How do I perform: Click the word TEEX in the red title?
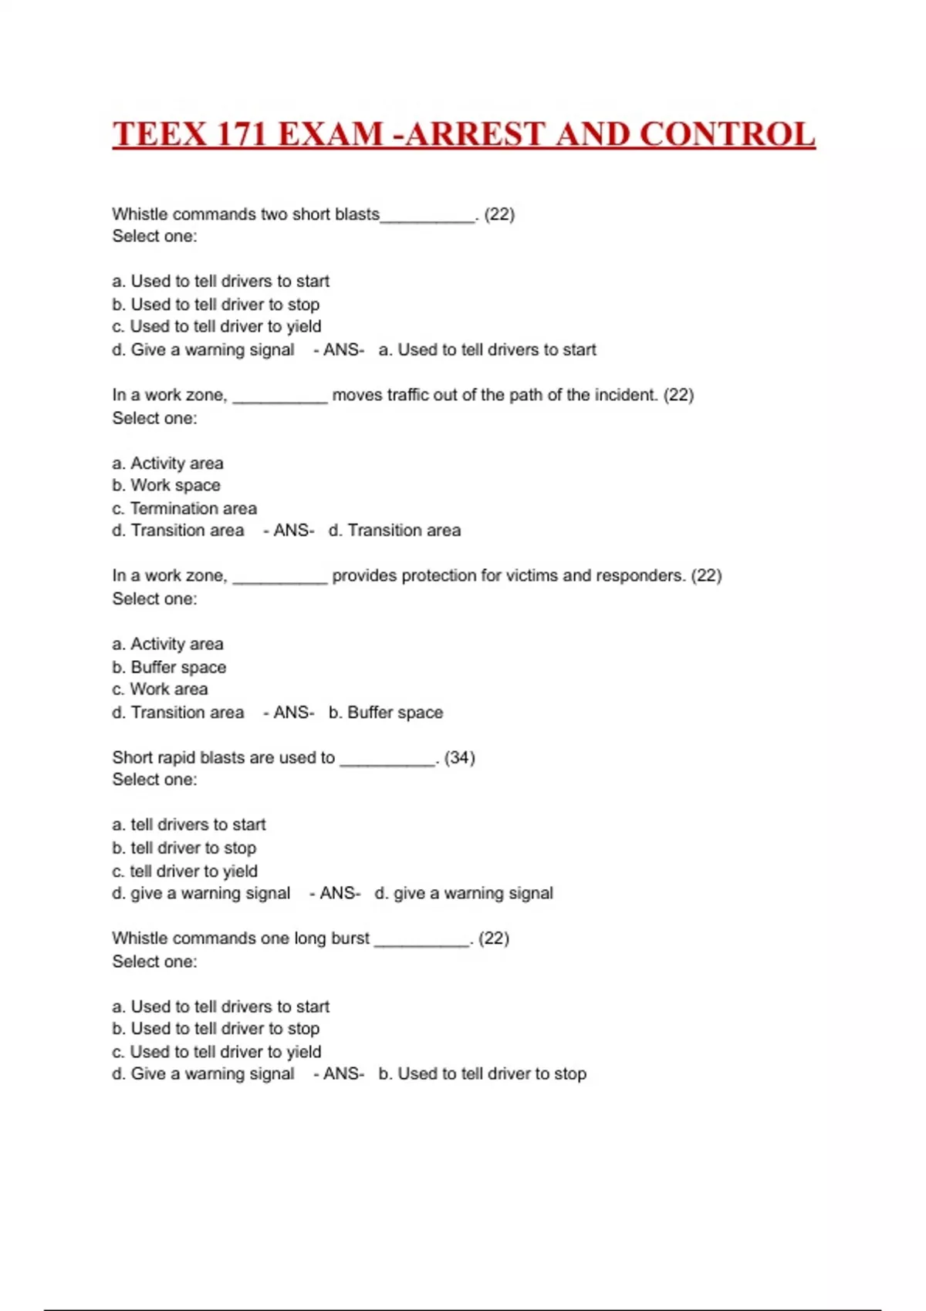pos(161,134)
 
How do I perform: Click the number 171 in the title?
pos(242,134)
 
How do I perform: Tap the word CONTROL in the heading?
pos(728,134)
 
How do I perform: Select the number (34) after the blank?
pos(460,757)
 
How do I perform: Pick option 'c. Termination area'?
pos(184,508)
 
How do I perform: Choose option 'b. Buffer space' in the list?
pos(170,667)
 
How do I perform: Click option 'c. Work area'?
pos(161,689)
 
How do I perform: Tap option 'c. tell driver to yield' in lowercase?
pos(185,871)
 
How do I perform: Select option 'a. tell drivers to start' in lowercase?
pos(189,824)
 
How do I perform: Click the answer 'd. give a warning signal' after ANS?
pos(464,893)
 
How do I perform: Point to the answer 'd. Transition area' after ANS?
pos(394,531)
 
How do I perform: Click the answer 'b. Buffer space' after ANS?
pos(386,713)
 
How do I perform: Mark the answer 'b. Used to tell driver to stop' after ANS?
pos(482,1073)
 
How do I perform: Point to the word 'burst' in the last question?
pos(350,939)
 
